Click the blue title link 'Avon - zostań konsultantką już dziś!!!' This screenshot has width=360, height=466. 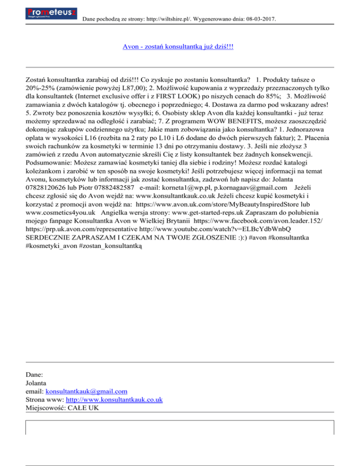pyautogui.click(x=178, y=47)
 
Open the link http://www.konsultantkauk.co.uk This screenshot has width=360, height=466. pyautogui.click(x=114, y=399)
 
